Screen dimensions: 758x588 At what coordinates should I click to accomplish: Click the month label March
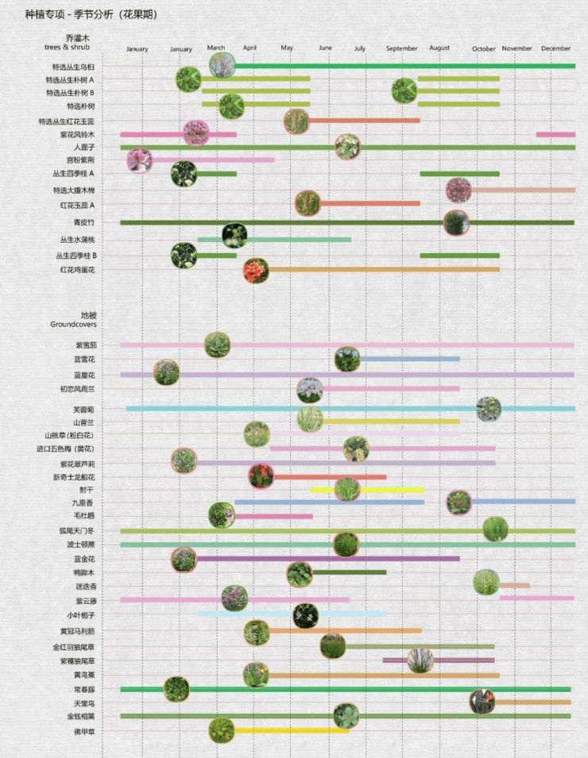(x=216, y=48)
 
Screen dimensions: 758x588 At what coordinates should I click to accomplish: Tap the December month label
(x=555, y=48)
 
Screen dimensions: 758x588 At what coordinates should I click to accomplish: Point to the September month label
(x=401, y=48)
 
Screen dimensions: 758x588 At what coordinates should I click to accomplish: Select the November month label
(x=517, y=48)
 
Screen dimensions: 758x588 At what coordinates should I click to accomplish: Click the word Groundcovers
(x=73, y=325)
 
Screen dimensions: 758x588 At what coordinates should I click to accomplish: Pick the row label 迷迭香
(x=86, y=587)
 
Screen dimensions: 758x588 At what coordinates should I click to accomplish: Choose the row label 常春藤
(x=84, y=689)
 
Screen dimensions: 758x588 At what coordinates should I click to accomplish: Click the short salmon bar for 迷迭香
(x=514, y=586)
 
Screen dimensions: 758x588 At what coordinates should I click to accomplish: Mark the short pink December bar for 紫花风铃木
(x=555, y=134)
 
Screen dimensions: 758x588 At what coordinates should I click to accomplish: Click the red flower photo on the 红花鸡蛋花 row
(x=256, y=271)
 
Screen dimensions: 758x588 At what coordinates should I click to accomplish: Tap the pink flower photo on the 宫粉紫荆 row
(x=139, y=160)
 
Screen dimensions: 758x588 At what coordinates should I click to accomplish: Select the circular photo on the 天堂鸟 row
(x=482, y=702)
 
